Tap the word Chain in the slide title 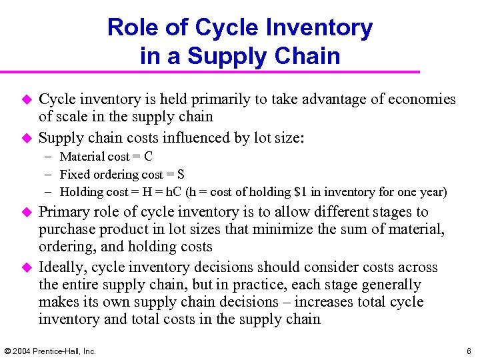coord(310,56)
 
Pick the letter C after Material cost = coord(148,157)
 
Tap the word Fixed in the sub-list coord(74,175)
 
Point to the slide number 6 coord(469,351)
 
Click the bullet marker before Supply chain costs coord(27,139)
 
